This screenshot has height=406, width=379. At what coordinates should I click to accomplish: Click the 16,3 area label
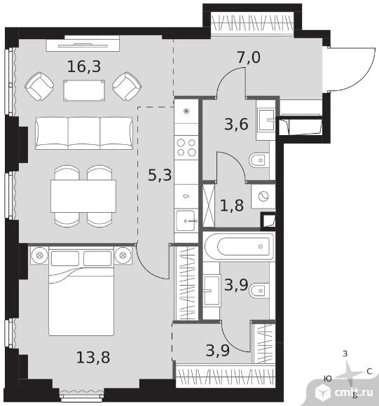click(x=84, y=66)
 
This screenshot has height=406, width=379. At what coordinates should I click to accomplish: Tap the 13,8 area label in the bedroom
click(x=93, y=357)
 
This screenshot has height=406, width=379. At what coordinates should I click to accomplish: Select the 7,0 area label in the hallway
click(x=249, y=57)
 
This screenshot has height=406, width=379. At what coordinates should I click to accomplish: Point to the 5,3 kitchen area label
click(x=160, y=175)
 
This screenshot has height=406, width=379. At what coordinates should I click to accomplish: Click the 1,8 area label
click(x=232, y=205)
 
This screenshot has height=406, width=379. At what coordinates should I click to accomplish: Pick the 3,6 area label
click(x=237, y=125)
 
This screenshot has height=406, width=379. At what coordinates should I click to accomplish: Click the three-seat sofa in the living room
click(x=84, y=133)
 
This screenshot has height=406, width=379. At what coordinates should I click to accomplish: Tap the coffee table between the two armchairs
click(x=84, y=90)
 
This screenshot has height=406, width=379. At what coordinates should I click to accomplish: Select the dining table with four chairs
click(x=83, y=196)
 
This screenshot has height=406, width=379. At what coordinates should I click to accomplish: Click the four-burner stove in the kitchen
click(x=186, y=148)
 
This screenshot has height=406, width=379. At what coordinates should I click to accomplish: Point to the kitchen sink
click(x=186, y=220)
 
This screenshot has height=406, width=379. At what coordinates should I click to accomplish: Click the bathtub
click(x=240, y=246)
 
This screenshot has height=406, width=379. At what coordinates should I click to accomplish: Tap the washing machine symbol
click(x=263, y=196)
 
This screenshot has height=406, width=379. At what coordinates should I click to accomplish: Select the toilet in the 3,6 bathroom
click(x=259, y=160)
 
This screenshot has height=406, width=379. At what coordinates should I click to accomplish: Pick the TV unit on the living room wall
click(x=83, y=45)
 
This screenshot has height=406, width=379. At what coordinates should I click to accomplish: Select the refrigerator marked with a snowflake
click(x=186, y=111)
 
